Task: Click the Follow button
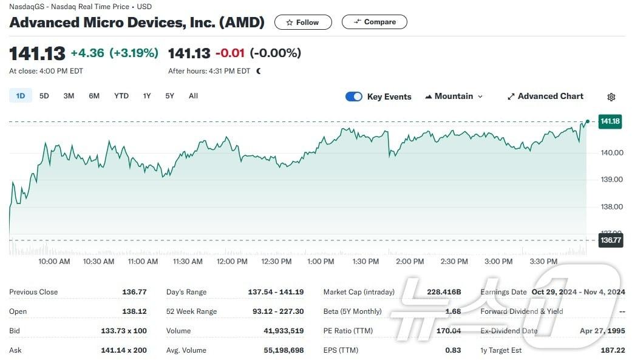pos(303,22)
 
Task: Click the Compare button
pos(374,22)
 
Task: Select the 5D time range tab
pos(44,96)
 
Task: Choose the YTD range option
pos(121,96)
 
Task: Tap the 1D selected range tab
pos(20,96)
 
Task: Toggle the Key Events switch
pos(354,97)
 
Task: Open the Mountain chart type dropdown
pos(454,97)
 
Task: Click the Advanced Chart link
pos(545,97)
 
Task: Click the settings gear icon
pos(611,97)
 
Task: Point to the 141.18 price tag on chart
pos(610,121)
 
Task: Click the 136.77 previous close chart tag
pos(610,240)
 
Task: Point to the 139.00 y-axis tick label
pos(611,180)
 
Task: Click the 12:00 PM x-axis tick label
pos(232,262)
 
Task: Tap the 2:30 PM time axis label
pos(454,262)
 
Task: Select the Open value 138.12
pos(134,311)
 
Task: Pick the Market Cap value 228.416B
pos(444,292)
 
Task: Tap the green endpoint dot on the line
pos(587,121)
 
